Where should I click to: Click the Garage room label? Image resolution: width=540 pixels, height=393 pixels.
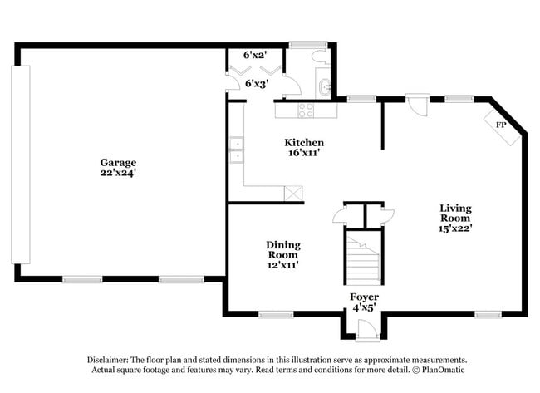coord(118,163)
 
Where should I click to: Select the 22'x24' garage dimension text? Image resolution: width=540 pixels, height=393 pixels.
coord(118,174)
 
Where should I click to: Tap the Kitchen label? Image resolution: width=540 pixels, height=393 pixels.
coord(303,143)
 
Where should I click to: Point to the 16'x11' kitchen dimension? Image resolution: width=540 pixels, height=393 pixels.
coord(303,153)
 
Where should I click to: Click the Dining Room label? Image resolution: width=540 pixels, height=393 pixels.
coord(283,250)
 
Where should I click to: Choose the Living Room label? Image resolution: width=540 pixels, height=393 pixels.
coord(455,213)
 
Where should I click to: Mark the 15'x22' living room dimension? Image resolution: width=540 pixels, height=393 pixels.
coord(455,227)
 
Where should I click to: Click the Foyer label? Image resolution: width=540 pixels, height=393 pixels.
coord(364,297)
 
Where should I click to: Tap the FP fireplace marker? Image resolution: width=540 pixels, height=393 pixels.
coord(501,125)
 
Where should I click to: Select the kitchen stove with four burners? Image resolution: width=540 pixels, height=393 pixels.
coord(306,109)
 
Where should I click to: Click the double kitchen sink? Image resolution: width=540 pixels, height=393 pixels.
coord(236,150)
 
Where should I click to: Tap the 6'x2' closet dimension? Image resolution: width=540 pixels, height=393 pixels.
coord(254,55)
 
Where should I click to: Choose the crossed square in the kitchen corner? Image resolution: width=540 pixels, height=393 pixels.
coord(293,193)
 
